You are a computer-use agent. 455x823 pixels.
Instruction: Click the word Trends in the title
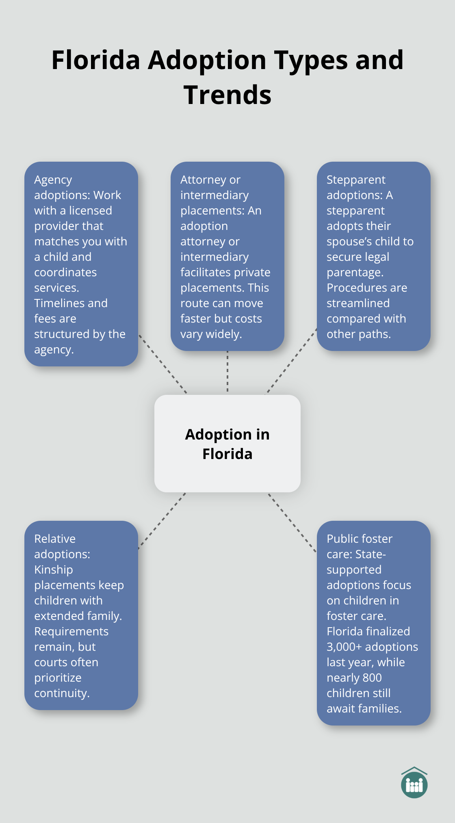pyautogui.click(x=227, y=95)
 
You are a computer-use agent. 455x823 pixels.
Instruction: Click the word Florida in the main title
pyautogui.click(x=95, y=60)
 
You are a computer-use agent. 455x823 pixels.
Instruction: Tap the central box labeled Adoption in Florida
pyautogui.click(x=227, y=444)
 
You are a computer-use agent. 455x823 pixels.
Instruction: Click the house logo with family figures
pyautogui.click(x=414, y=783)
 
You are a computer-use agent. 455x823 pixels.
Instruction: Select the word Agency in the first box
pyautogui.click(x=53, y=180)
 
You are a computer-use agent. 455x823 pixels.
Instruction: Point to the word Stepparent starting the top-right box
pyautogui.click(x=356, y=180)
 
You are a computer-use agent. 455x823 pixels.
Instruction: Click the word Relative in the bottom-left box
pyautogui.click(x=55, y=539)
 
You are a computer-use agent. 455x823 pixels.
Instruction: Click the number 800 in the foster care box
pyautogui.click(x=372, y=678)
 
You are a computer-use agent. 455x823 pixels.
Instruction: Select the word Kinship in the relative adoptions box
pyautogui.click(x=53, y=570)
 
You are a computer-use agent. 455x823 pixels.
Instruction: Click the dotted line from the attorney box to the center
pyautogui.click(x=227, y=372)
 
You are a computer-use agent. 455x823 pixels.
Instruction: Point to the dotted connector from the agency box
pyautogui.click(x=162, y=364)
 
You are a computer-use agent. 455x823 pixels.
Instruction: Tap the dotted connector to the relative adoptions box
pyautogui.click(x=162, y=521)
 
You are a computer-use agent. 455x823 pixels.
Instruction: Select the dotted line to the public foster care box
pyautogui.click(x=292, y=522)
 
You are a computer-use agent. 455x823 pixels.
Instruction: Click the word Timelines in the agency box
pyautogui.click(x=59, y=303)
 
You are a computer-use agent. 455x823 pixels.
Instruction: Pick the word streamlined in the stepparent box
pyautogui.click(x=358, y=303)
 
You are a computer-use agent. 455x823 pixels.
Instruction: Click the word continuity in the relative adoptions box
pyautogui.click(x=61, y=693)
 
